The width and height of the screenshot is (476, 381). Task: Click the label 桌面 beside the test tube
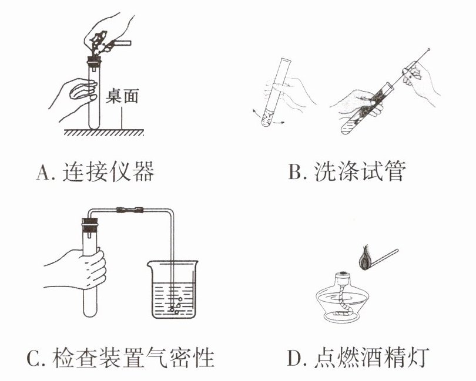(122, 96)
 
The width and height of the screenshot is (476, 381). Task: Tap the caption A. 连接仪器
(95, 171)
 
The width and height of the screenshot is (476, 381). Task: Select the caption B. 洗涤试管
(346, 171)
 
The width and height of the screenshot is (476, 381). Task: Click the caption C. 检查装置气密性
(120, 358)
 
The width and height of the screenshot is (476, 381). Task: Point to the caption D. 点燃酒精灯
(358, 358)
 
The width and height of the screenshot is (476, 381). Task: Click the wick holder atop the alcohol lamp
(343, 276)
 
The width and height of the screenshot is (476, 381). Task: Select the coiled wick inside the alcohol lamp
(343, 302)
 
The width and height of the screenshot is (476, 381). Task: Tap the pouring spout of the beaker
(150, 264)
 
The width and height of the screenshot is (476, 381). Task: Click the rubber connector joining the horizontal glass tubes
(130, 210)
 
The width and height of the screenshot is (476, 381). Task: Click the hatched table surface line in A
(103, 133)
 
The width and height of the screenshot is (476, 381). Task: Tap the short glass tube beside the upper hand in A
(122, 43)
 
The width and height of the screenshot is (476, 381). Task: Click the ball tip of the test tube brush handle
(428, 49)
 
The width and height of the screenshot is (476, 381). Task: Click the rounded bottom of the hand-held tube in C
(90, 312)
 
